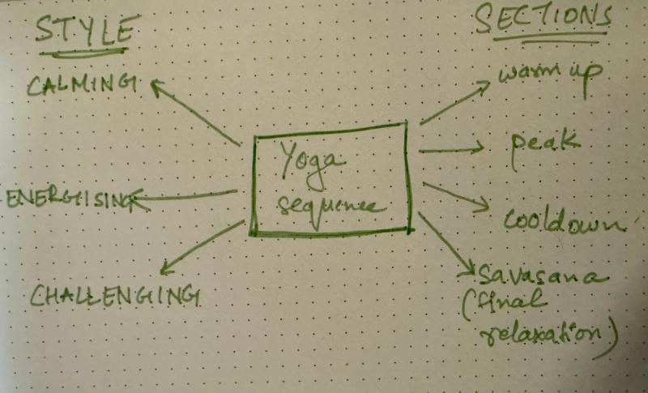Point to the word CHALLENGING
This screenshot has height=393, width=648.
click(114, 295)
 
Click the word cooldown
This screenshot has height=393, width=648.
click(563, 220)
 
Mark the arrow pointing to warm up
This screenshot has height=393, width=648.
click(458, 102)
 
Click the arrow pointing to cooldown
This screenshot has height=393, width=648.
click(454, 198)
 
